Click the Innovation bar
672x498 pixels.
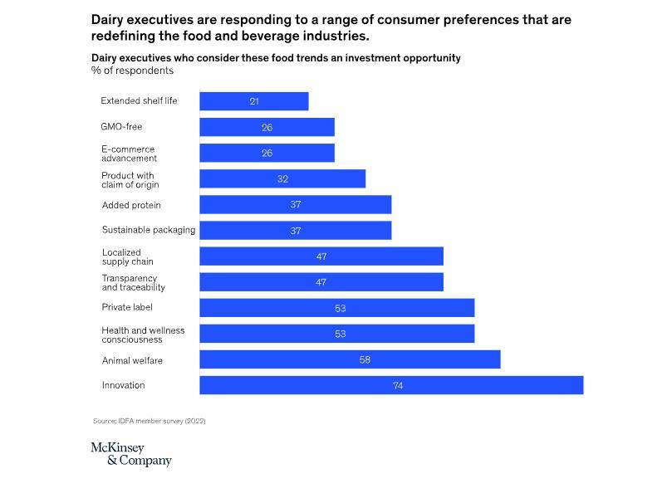click(390, 385)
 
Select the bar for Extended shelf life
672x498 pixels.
click(253, 101)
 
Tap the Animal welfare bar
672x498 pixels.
click(350, 359)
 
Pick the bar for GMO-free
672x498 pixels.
click(267, 127)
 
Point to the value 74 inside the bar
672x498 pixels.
click(398, 386)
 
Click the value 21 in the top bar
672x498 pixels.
click(254, 101)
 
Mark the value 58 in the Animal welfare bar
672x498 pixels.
click(365, 360)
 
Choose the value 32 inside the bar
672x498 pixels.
click(282, 179)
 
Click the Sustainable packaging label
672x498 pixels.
click(148, 230)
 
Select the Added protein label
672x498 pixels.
click(131, 205)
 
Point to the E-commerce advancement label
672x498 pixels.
click(129, 154)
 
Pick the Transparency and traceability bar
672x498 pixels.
click(321, 282)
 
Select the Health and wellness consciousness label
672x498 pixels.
click(143, 334)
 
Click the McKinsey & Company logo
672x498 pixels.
click(130, 454)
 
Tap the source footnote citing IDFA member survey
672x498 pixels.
click(149, 421)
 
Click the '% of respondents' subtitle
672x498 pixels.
click(132, 71)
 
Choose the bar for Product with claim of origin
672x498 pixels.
click(282, 178)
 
